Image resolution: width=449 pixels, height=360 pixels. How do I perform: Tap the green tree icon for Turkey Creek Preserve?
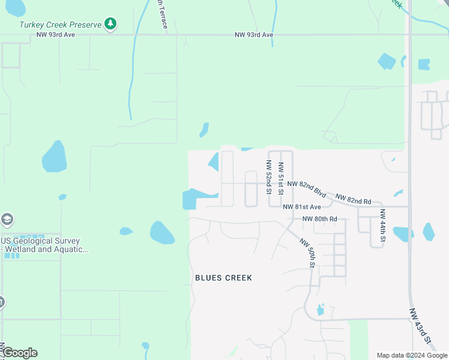pos(110,24)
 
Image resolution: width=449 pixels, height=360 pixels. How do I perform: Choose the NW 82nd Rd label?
pos(353,199)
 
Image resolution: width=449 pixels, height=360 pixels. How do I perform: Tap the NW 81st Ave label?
pos(303,207)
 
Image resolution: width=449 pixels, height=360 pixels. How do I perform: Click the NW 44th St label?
pos(382,226)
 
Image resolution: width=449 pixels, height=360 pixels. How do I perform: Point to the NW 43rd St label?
pos(421,327)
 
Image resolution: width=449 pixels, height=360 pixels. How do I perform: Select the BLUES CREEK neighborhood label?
pos(223,278)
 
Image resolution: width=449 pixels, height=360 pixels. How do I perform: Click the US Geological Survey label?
pos(41,241)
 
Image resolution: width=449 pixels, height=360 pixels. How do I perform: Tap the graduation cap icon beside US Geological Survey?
pos(7,219)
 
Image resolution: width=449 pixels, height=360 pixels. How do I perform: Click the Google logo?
pos(19,353)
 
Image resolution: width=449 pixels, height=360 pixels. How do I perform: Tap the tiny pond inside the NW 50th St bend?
pos(320,310)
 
